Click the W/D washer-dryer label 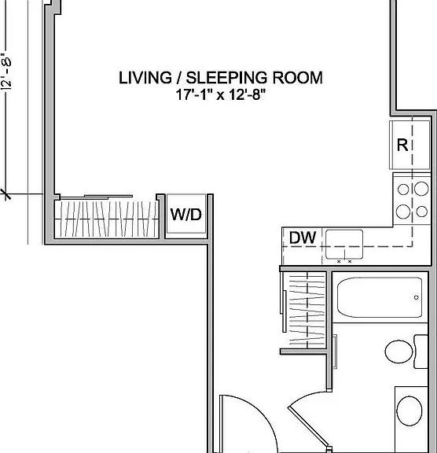(x=186, y=215)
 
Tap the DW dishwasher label (x=303, y=238)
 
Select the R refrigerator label (x=402, y=145)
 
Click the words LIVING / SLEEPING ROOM (x=221, y=78)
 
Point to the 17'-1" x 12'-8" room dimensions (x=221, y=94)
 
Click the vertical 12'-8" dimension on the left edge (x=6, y=71)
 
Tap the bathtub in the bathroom (x=380, y=297)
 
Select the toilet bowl (x=399, y=352)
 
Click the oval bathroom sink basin (x=409, y=411)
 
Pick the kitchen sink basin (x=344, y=244)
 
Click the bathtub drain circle (x=417, y=297)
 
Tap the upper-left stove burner (x=403, y=190)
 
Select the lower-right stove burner (x=422, y=212)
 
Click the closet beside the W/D (x=107, y=219)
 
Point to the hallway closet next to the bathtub (x=307, y=309)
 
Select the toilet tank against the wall (x=421, y=352)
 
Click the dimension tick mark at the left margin (x=6, y=194)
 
